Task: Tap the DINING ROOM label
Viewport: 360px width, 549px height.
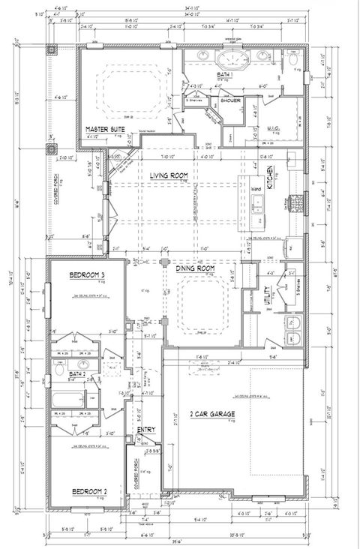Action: (196, 268)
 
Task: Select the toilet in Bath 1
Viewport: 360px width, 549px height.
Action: (293, 57)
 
